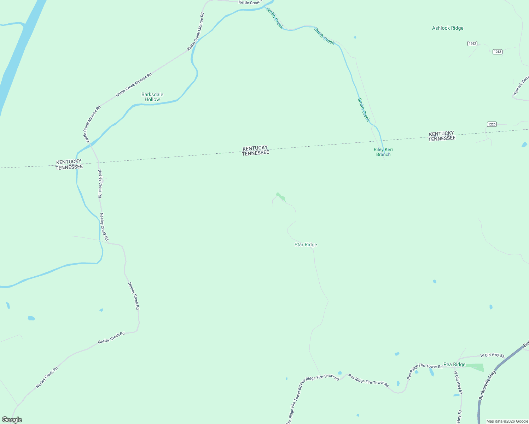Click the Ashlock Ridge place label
coord(448,28)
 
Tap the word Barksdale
coord(152,94)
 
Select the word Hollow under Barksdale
coord(152,100)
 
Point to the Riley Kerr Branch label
coord(383,152)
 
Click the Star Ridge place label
coord(306,245)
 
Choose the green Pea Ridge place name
coord(454,364)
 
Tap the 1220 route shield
coord(492,124)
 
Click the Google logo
coord(12,420)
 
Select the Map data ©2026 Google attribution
coord(507,421)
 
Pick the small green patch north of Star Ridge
coord(281,196)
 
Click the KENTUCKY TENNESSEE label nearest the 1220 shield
coord(442,136)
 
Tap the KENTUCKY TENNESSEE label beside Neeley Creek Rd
coord(69,165)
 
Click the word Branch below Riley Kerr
coord(383,154)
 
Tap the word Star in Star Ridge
coord(299,245)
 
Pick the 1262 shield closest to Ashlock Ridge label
coord(472,43)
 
